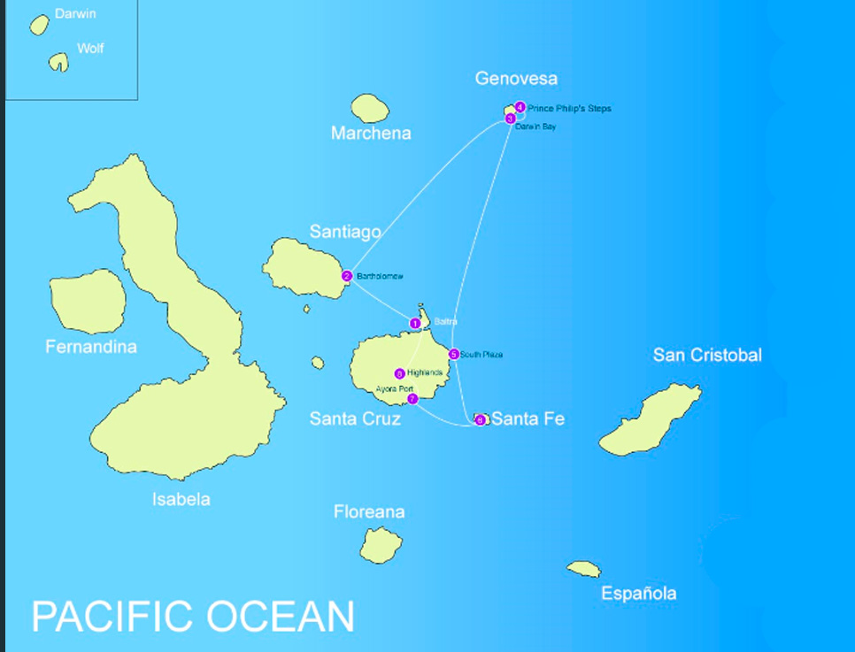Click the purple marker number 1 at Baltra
[415, 324]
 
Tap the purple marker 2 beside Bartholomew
[347, 276]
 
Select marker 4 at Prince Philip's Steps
[520, 107]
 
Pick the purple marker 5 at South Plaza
[454, 355]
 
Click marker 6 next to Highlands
[399, 373]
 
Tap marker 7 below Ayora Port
[412, 399]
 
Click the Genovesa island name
[516, 79]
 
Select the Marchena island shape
[370, 108]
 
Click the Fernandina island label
[91, 347]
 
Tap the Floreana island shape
[381, 544]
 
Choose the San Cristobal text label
[707, 355]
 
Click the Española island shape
[584, 568]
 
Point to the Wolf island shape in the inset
[58, 61]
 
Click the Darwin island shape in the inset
[39, 25]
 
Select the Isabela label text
[181, 499]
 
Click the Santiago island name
[345, 232]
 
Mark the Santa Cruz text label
[355, 418]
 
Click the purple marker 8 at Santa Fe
[480, 420]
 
